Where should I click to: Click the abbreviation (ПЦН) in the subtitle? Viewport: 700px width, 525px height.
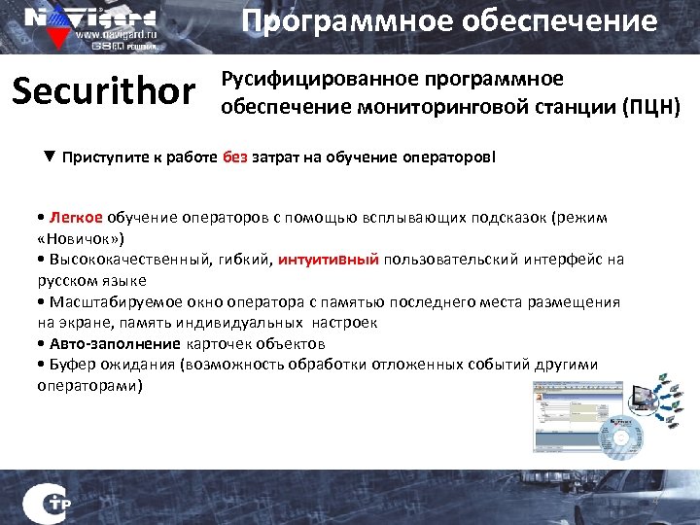click(651, 104)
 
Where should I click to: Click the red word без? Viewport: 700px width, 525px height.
click(234, 157)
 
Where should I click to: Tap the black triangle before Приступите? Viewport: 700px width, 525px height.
click(49, 157)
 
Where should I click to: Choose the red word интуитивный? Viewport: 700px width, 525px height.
click(329, 260)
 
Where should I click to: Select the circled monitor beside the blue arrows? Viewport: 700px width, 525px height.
click(645, 397)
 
